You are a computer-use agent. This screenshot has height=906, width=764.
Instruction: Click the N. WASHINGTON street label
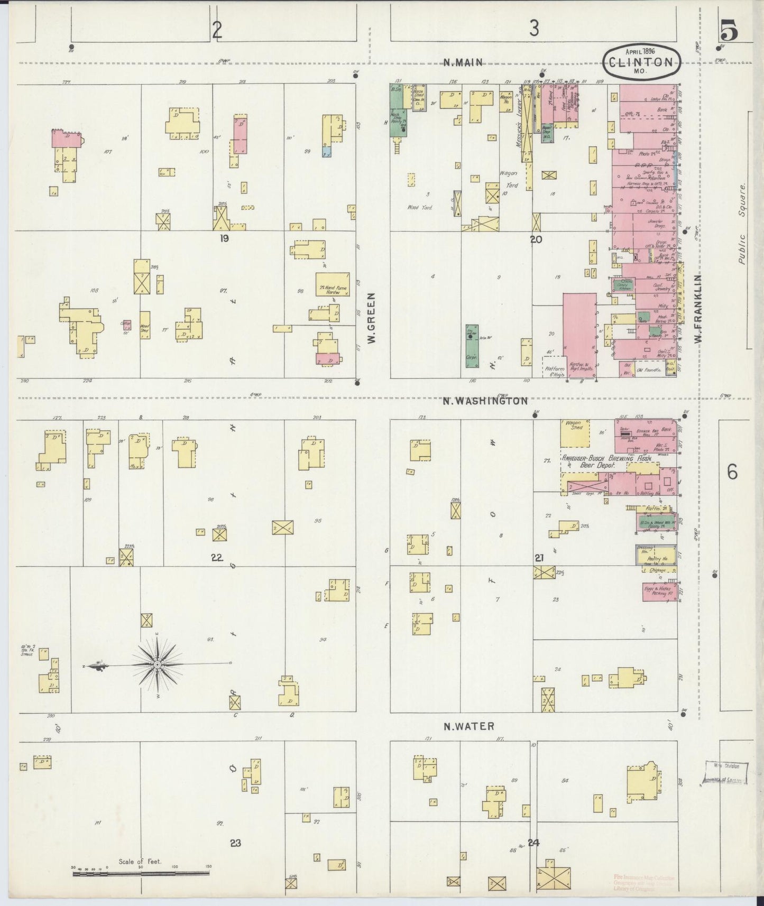(x=485, y=401)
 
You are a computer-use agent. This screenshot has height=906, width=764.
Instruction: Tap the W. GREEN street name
(x=371, y=319)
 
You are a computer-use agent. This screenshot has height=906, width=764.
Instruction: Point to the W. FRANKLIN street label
(x=698, y=310)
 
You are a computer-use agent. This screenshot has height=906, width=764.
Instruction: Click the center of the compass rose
(x=158, y=664)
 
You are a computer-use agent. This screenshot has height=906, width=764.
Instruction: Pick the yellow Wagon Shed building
(x=575, y=432)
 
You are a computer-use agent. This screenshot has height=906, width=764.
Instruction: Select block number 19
(x=224, y=238)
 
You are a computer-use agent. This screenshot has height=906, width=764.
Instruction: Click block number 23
(x=235, y=843)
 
